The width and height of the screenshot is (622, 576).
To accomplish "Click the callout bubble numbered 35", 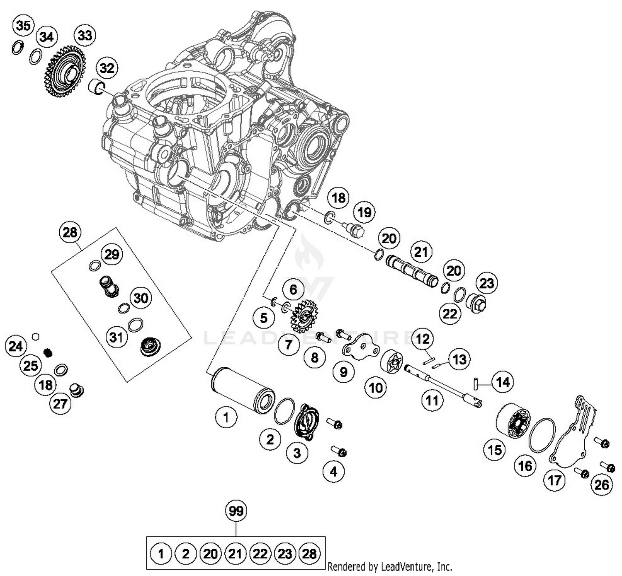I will tap(23, 26).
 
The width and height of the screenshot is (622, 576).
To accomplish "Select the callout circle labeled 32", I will tap(107, 68).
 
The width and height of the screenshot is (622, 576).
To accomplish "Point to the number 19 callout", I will tap(364, 212).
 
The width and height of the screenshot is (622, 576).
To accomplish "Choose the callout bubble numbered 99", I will tap(236, 511).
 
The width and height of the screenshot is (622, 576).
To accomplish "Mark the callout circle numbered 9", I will tap(344, 372).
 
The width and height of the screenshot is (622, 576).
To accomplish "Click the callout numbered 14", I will tap(503, 382).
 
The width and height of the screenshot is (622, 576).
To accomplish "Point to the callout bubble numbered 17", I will tap(554, 480).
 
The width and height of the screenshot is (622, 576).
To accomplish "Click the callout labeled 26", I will tap(601, 484).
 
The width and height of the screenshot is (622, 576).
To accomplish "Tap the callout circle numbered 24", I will tap(16, 346).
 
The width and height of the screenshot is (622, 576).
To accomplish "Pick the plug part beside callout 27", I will tap(77, 390).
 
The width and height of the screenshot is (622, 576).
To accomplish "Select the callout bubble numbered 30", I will tap(141, 298).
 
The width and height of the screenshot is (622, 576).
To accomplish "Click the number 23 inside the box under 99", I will tap(285, 554).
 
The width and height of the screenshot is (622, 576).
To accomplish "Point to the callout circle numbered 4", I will tap(333, 471).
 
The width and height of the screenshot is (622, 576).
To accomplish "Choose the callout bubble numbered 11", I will tap(432, 400).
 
